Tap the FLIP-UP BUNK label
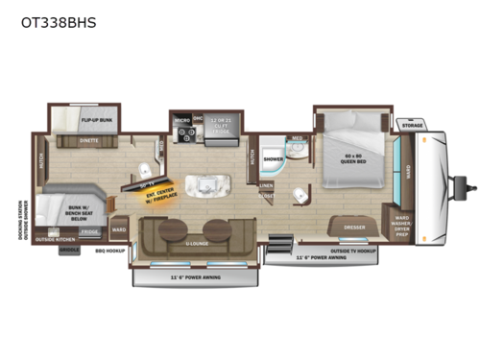click(x=98, y=121)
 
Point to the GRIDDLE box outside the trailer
click(x=70, y=250)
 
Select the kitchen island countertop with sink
click(x=204, y=185)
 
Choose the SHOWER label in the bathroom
click(x=272, y=159)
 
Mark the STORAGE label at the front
click(x=412, y=125)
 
